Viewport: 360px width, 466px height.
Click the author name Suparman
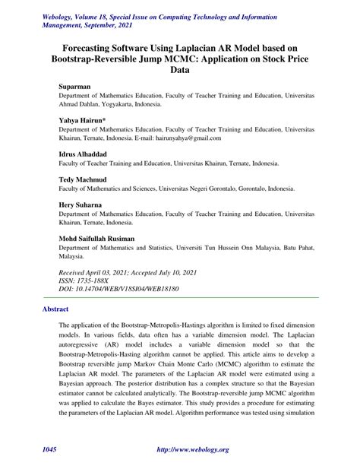[75, 88]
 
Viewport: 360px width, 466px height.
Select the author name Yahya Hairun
[84, 121]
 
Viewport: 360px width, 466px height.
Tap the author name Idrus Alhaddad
[86, 154]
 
